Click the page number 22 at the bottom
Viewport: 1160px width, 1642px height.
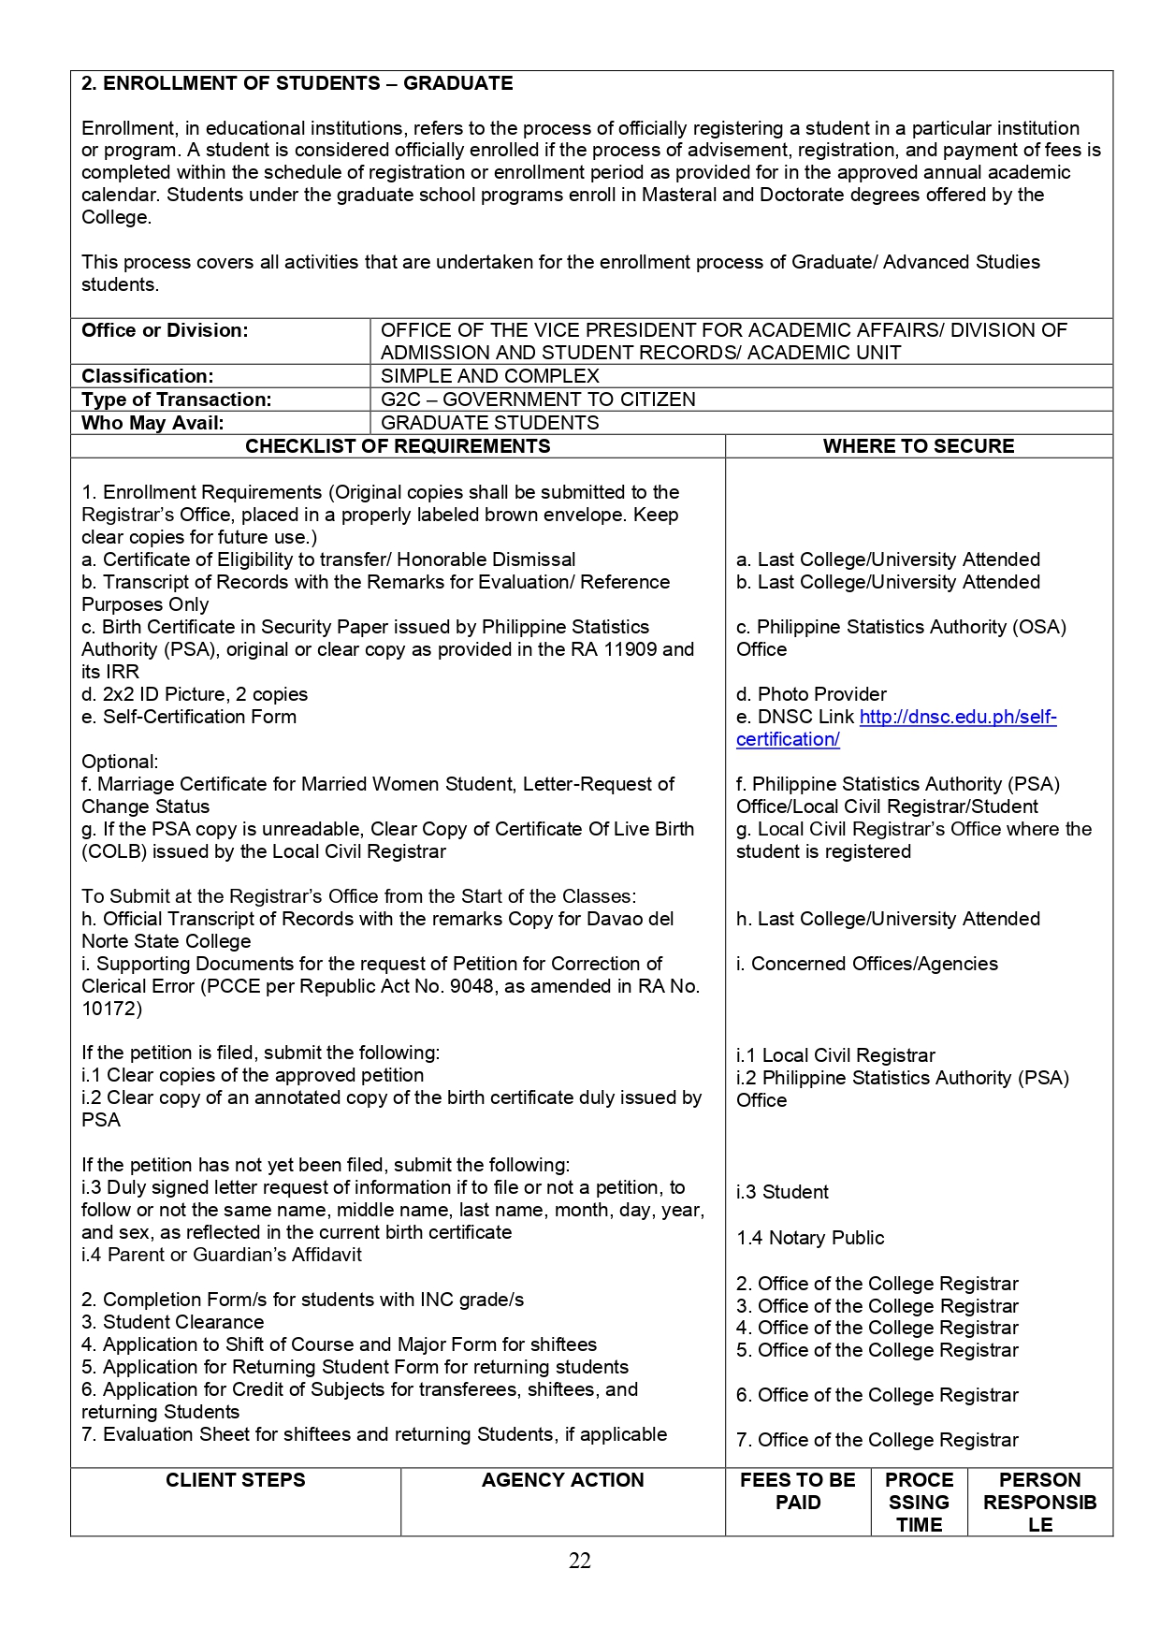[579, 1561]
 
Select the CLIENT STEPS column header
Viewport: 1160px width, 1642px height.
[236, 1480]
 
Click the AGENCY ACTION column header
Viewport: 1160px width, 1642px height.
[562, 1480]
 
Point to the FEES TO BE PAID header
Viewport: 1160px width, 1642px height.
[797, 1491]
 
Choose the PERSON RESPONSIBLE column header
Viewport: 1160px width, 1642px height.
[1039, 1502]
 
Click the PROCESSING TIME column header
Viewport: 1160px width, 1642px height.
[919, 1502]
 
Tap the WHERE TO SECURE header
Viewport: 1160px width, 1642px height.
[918, 446]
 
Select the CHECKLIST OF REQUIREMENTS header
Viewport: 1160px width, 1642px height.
[398, 446]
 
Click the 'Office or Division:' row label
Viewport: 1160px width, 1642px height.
[165, 330]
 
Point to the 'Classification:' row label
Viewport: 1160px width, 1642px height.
[147, 376]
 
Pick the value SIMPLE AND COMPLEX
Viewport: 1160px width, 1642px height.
[489, 376]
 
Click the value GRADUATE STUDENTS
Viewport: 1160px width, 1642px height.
[489, 423]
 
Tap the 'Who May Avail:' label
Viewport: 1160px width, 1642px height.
[152, 423]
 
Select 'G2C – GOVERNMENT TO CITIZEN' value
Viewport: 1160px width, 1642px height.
[538, 400]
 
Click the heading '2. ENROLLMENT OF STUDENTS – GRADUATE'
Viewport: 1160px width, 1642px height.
[297, 83]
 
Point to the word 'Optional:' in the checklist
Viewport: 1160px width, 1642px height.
[120, 762]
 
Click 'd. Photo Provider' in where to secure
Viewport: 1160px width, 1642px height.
[811, 694]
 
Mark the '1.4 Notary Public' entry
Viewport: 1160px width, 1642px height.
[810, 1238]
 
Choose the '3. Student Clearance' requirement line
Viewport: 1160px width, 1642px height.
[172, 1322]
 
